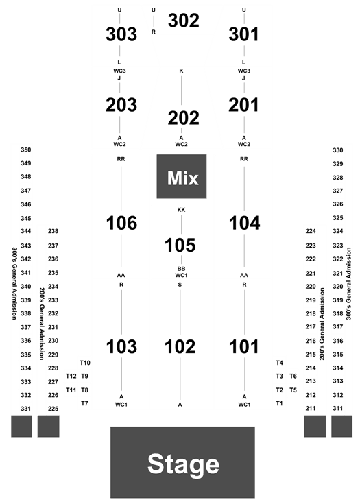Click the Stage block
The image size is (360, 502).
pyautogui.click(x=182, y=462)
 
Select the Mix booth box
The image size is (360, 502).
pyautogui.click(x=182, y=176)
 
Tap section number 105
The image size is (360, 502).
pyautogui.click(x=180, y=246)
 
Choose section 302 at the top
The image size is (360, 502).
pyautogui.click(x=183, y=21)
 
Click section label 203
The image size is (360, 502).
pyautogui.click(x=121, y=105)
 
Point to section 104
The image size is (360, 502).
pyautogui.click(x=245, y=223)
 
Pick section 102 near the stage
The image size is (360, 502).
pyautogui.click(x=180, y=347)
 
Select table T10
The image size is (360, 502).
pyautogui.click(x=85, y=363)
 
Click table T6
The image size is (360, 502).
pyautogui.click(x=293, y=376)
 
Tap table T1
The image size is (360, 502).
pyautogui.click(x=279, y=403)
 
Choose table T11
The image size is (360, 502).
pyautogui.click(x=71, y=390)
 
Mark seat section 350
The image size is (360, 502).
pyautogui.click(x=26, y=150)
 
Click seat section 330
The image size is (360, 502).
pyautogui.click(x=338, y=150)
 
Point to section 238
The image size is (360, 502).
pyautogui.click(x=53, y=231)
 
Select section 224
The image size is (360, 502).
pyautogui.click(x=311, y=231)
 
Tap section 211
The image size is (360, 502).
pyautogui.click(x=311, y=409)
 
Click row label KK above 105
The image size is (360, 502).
pyautogui.click(x=181, y=210)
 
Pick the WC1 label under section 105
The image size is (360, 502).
pyautogui.click(x=181, y=275)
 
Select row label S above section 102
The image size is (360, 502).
pyautogui.click(x=180, y=285)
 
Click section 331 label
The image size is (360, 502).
pyautogui.click(x=26, y=409)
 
